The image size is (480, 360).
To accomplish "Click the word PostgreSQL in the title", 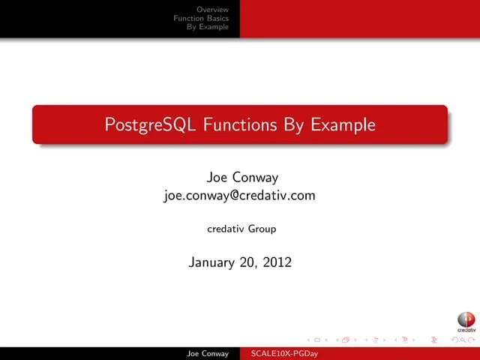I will (x=150, y=124).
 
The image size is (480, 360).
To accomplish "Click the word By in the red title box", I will (x=292, y=124).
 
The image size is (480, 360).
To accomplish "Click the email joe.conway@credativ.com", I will (x=239, y=196).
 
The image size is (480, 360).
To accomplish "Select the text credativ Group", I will (x=241, y=229).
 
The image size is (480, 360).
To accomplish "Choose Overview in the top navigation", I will (x=212, y=8).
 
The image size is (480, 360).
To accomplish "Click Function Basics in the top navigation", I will (x=201, y=17).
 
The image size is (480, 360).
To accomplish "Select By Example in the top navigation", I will (x=208, y=26).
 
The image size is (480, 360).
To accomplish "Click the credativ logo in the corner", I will (x=466, y=322).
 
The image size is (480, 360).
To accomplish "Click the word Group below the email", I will (x=262, y=229).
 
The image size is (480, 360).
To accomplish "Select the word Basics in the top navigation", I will (x=217, y=17).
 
